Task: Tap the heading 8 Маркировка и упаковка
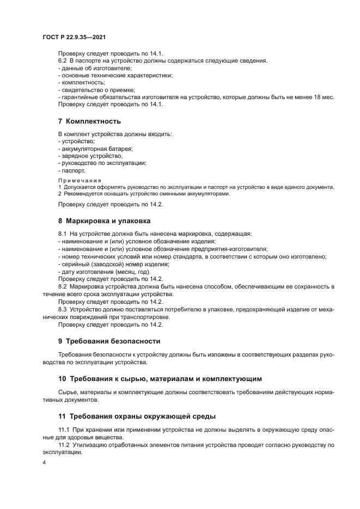(x=104, y=222)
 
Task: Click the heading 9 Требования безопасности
(x=109, y=341)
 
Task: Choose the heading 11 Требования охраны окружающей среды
(x=137, y=416)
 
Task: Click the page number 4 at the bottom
(x=44, y=463)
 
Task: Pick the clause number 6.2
(x=63, y=61)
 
